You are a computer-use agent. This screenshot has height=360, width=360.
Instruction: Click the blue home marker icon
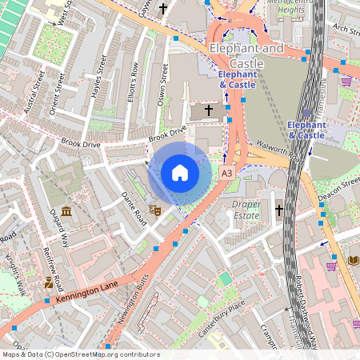coord(179,173)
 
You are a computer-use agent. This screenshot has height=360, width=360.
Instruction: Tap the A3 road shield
coord(227,172)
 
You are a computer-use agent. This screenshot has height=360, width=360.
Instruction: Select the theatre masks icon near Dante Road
coord(156,210)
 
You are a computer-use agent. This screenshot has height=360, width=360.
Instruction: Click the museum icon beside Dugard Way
coord(66,211)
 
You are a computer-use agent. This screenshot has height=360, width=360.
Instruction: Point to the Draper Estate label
coord(246,210)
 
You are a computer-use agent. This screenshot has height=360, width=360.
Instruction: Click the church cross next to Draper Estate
coord(279,210)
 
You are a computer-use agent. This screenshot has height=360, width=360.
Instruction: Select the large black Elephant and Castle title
coord(246,56)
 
